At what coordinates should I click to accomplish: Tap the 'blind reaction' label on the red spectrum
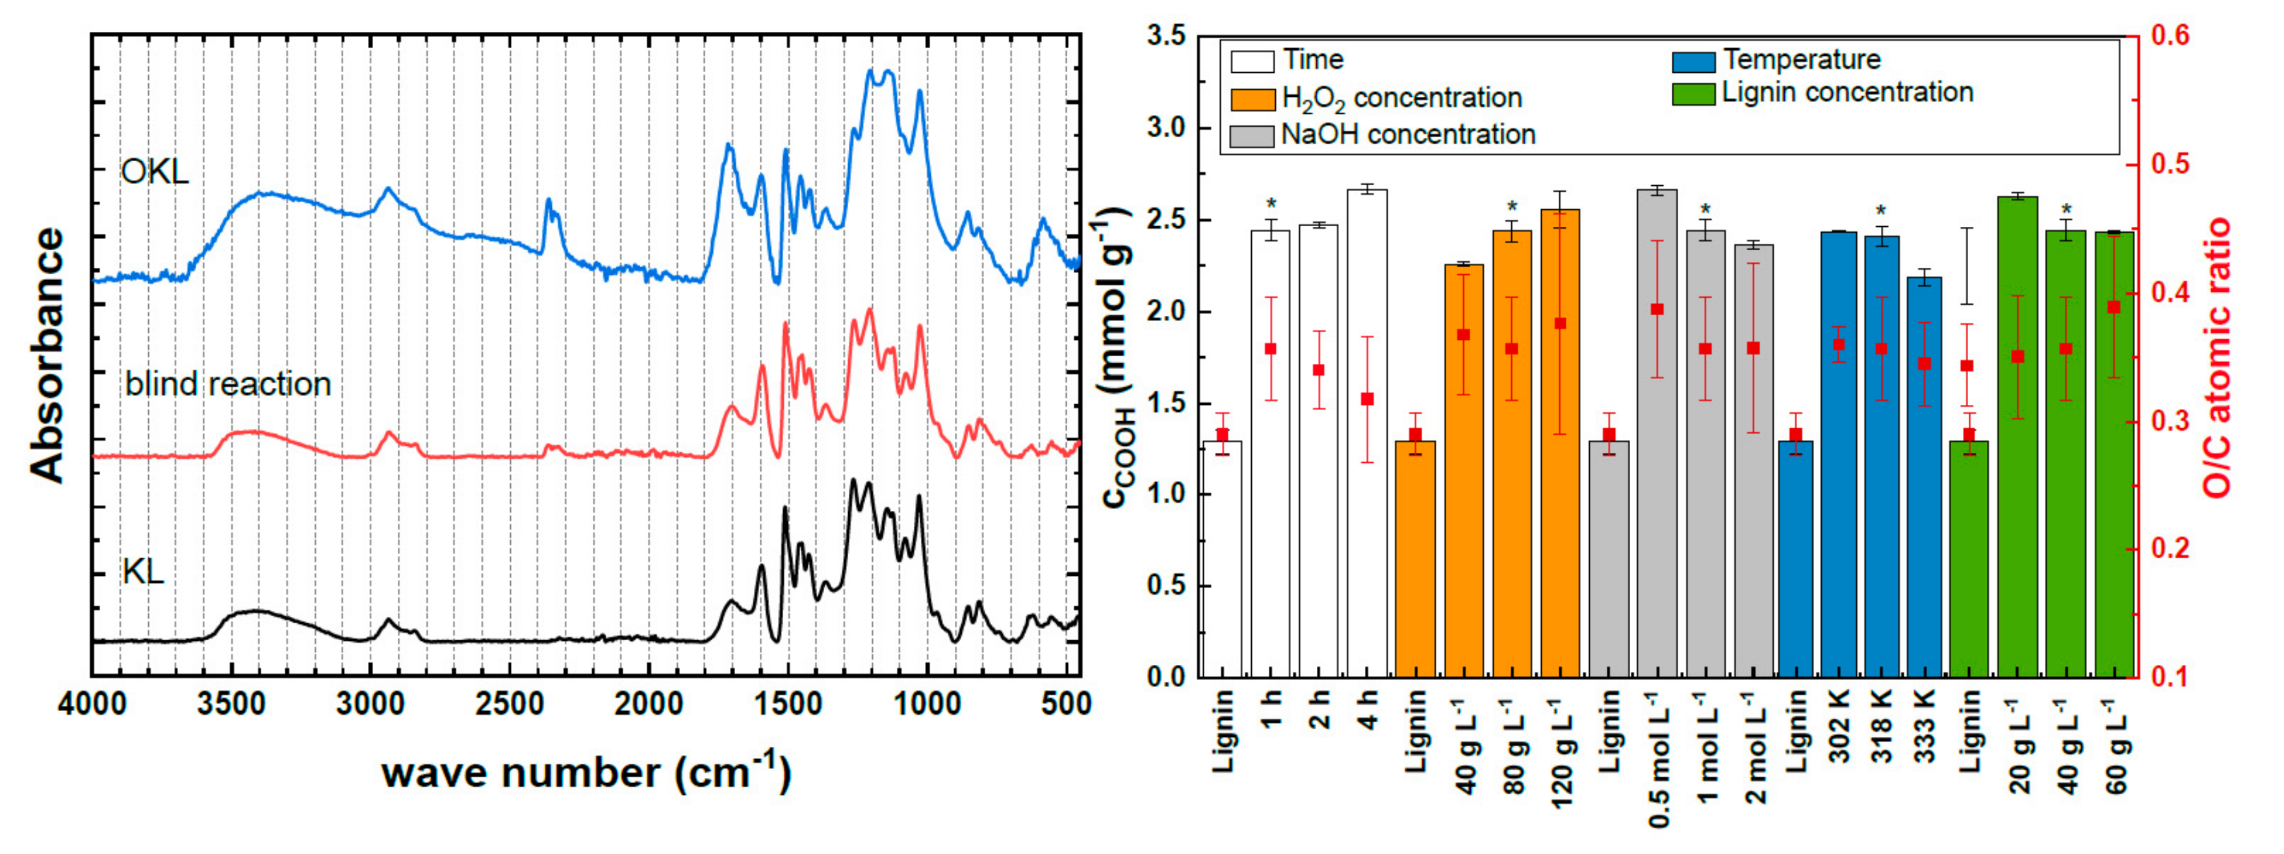[228, 384]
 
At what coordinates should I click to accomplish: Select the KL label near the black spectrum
[144, 572]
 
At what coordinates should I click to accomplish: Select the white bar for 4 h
[1367, 435]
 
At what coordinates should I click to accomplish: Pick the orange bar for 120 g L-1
[1560, 443]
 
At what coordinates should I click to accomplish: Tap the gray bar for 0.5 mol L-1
[1656, 435]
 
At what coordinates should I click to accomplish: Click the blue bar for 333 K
[1924, 479]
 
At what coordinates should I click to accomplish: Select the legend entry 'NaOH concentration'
[1408, 135]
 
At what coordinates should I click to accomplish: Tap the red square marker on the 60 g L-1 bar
[2114, 307]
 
